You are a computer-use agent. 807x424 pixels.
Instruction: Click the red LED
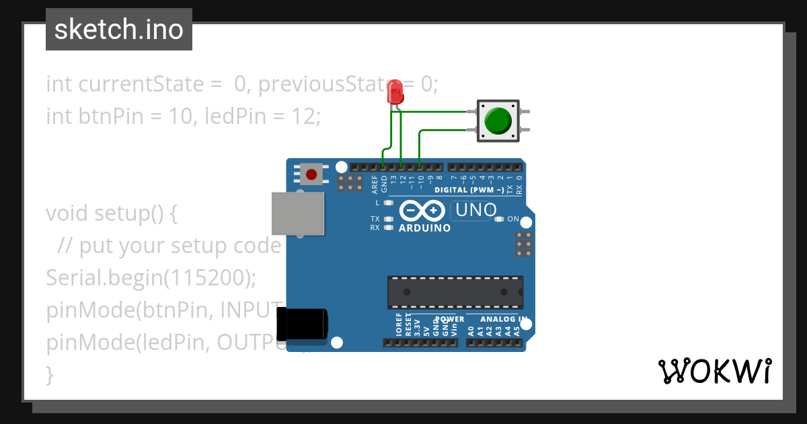coord(395,92)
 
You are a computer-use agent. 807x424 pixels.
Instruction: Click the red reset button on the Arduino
coord(311,174)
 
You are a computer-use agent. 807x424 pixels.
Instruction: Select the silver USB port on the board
coord(297,213)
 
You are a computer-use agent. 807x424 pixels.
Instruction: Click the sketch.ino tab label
coord(119,30)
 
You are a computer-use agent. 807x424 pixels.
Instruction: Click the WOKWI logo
coord(714,371)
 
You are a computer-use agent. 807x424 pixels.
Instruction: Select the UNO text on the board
coord(475,210)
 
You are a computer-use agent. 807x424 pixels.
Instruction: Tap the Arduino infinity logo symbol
coord(422,211)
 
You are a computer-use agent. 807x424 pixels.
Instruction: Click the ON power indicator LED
coord(499,219)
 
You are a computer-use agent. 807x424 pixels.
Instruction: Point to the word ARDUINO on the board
coord(424,228)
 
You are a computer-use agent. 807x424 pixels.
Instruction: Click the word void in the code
coord(67,213)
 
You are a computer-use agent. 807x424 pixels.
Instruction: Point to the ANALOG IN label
coord(504,319)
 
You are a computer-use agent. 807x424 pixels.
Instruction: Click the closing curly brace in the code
coord(49,374)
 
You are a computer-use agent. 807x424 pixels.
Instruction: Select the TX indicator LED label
coord(375,219)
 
